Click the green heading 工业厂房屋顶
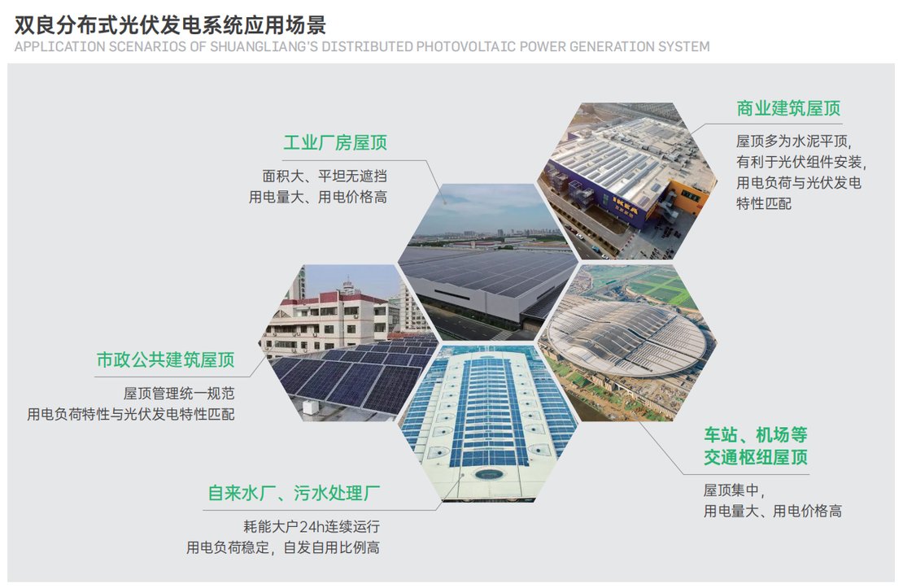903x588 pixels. point(334,142)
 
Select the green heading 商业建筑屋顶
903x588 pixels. point(788,108)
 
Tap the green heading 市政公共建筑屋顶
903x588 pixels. point(165,360)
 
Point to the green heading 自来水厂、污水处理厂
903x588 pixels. point(294,493)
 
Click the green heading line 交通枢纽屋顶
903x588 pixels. point(756,457)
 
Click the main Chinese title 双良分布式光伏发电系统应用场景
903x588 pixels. point(170,24)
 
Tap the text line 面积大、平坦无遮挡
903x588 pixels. point(325,176)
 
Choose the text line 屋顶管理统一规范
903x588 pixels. point(179,394)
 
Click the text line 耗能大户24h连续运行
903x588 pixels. point(312,526)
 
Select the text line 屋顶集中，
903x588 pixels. point(734,490)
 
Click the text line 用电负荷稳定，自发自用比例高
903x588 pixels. point(283,547)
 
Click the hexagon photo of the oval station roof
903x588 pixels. point(626,342)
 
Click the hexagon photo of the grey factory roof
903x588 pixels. point(488,262)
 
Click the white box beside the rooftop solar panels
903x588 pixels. point(311,407)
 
